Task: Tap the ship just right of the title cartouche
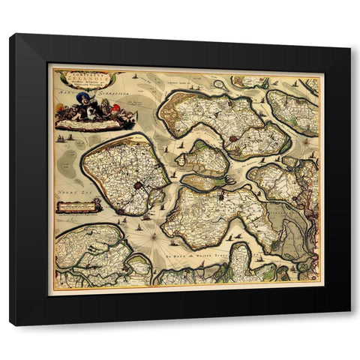tap(133, 76)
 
